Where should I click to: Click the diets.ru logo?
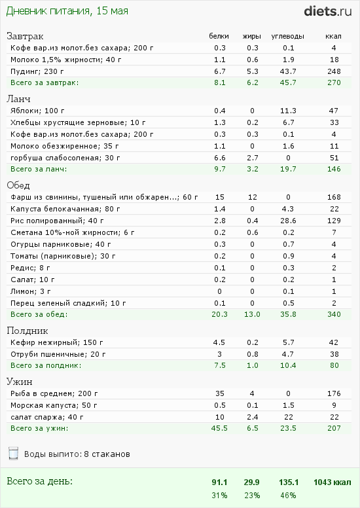pyautogui.click(x=327, y=11)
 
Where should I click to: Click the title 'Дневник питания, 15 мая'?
pyautogui.click(x=67, y=11)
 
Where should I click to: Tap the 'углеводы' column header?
pyautogui.click(x=287, y=36)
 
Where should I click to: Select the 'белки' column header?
pyautogui.click(x=219, y=36)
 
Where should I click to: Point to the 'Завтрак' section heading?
pyautogui.click(x=25, y=36)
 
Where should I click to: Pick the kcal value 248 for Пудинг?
pyautogui.click(x=334, y=71)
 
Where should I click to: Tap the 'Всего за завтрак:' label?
pyautogui.click(x=45, y=82)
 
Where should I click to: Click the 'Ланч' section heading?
pyautogui.click(x=19, y=99)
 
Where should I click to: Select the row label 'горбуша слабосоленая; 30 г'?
pyautogui.click(x=65, y=158)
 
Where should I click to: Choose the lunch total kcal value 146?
pyautogui.click(x=334, y=169)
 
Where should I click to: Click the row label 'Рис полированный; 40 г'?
pyautogui.click(x=57, y=221)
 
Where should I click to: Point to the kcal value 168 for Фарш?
pyautogui.click(x=334, y=197)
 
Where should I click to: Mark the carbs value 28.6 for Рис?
pyautogui.click(x=288, y=221)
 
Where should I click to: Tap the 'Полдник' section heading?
pyautogui.click(x=27, y=331)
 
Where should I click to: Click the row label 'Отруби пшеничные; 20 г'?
pyautogui.click(x=58, y=354)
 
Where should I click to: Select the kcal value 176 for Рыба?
pyautogui.click(x=334, y=393)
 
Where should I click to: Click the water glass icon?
pyautogui.click(x=13, y=453)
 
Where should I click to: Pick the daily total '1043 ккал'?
pyautogui.click(x=332, y=482)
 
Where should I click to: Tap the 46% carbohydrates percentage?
pyautogui.click(x=288, y=496)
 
